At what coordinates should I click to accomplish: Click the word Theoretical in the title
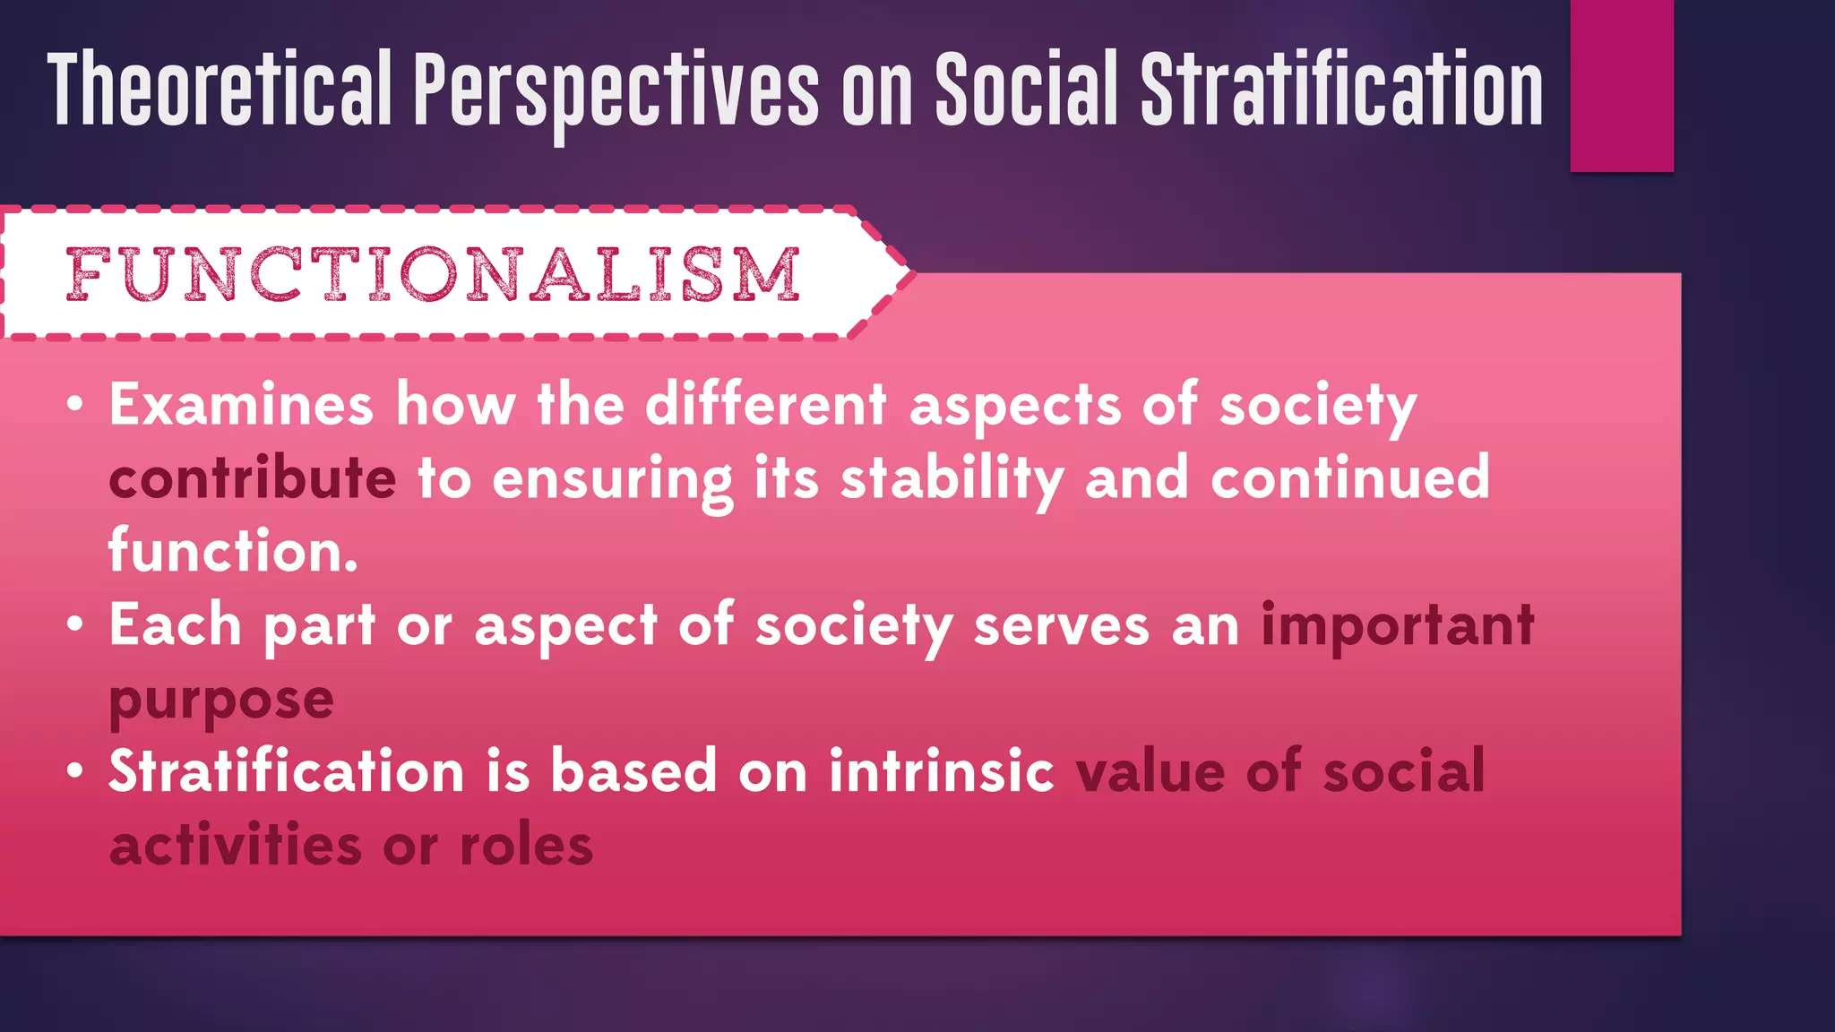click(x=220, y=90)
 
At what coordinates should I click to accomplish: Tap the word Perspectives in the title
click(x=616, y=90)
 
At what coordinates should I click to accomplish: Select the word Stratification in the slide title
click(x=1341, y=90)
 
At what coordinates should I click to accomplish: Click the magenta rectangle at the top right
click(x=1622, y=85)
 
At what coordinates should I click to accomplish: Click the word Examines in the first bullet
click(x=241, y=405)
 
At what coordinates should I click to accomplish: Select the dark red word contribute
click(x=252, y=478)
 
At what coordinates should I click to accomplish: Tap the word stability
click(x=952, y=478)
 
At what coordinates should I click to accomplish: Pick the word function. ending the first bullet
click(x=233, y=551)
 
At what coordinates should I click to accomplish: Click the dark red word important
click(x=1398, y=624)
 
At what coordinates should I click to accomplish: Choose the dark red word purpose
click(x=221, y=700)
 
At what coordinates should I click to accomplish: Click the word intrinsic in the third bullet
click(x=941, y=771)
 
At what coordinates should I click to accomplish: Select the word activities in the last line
click(x=235, y=845)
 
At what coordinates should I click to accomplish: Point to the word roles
click(x=526, y=845)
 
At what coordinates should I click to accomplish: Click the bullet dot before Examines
click(x=75, y=405)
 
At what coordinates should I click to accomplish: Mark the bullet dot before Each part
click(x=75, y=624)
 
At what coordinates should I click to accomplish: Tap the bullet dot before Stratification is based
click(x=75, y=771)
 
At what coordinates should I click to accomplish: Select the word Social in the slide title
click(x=1027, y=90)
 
